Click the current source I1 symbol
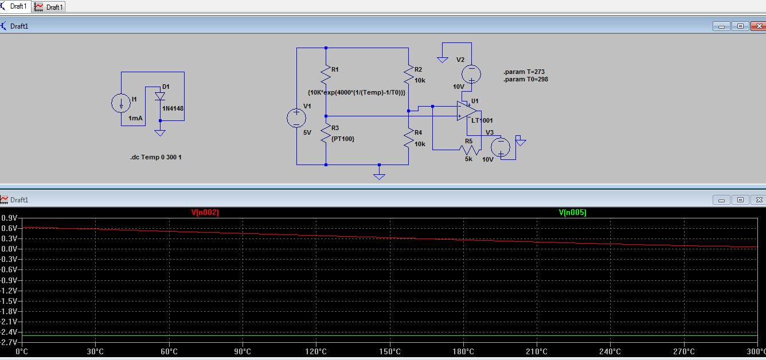click(121, 103)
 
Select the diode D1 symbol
click(160, 96)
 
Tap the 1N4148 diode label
click(173, 108)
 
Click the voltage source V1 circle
click(296, 118)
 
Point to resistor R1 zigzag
click(326, 75)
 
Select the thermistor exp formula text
click(357, 92)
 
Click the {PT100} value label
click(343, 139)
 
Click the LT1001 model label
click(482, 120)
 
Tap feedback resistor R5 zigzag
click(469, 150)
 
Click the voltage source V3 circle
click(501, 147)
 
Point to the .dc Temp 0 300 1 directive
click(160, 157)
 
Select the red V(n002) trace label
click(205, 213)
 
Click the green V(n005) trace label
click(572, 213)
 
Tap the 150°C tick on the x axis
click(389, 351)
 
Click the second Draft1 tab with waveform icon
click(49, 7)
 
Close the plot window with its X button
click(759, 200)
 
